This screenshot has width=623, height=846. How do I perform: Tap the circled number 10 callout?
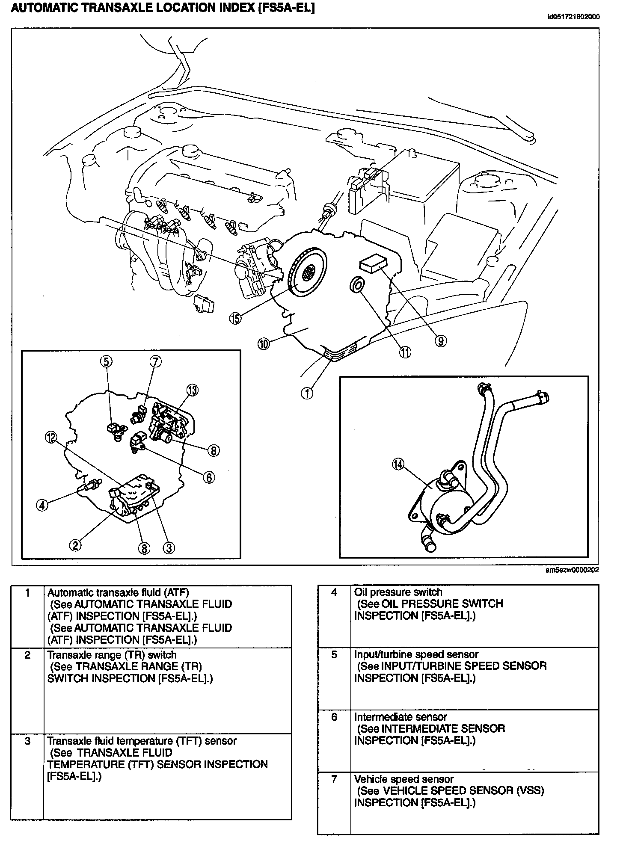click(x=264, y=343)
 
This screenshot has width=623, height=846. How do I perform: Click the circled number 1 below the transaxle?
click(x=307, y=393)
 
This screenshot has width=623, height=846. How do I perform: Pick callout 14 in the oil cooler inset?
click(x=398, y=465)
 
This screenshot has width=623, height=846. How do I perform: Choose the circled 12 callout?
click(x=51, y=437)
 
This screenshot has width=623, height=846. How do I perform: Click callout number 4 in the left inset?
click(x=42, y=505)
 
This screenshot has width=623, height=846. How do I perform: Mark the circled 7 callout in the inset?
click(x=155, y=361)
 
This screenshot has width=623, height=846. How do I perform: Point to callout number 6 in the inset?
click(x=208, y=477)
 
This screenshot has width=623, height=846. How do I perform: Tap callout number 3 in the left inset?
click(x=169, y=548)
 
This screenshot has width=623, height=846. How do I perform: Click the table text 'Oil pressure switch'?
click(x=398, y=592)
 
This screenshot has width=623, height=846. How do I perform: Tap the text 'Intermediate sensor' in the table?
click(x=400, y=716)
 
